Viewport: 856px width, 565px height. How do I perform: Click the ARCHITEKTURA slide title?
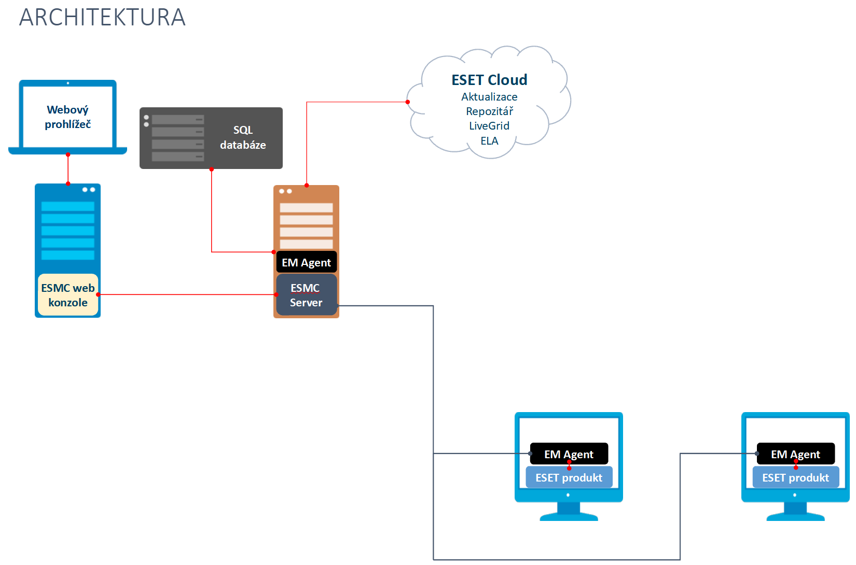pos(102,18)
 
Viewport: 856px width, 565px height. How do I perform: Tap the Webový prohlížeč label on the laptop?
pos(67,117)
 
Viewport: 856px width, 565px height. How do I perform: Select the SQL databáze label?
pos(243,137)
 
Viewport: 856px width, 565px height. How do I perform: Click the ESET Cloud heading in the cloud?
pos(489,80)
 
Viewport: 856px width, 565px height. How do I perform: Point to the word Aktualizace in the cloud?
pos(489,97)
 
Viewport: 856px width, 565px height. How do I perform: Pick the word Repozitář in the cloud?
pos(489,111)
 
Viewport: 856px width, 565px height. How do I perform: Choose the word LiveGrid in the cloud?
pos(489,126)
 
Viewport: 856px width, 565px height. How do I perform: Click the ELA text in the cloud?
pos(489,141)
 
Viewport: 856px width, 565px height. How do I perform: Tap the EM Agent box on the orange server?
pos(306,262)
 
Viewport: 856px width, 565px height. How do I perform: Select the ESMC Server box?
pos(306,295)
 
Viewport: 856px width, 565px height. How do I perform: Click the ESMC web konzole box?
pos(68,295)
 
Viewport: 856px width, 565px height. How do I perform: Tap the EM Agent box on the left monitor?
pos(569,454)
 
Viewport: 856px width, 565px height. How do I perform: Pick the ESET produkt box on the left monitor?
pos(569,477)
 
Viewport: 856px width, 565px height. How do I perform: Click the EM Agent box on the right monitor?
pos(795,454)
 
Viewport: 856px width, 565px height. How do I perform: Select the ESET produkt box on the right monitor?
pos(795,477)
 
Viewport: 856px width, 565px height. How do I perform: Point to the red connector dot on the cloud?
pos(408,102)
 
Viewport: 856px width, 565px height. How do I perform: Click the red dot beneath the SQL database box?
pos(212,169)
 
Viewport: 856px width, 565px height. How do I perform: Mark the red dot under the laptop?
pos(68,154)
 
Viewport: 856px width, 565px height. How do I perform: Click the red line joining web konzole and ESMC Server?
pos(187,294)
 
